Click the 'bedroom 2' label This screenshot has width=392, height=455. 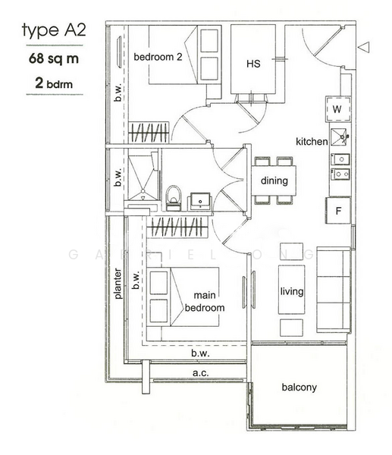point(156,57)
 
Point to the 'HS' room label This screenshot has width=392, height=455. point(253,64)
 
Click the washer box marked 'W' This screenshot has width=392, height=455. point(338,109)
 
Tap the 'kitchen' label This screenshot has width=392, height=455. point(311,142)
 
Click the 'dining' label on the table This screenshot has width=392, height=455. point(273,181)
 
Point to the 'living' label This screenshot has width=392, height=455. point(292,291)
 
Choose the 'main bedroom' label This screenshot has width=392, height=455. point(209,302)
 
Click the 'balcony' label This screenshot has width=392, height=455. point(299,388)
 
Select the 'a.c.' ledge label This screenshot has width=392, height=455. point(200,373)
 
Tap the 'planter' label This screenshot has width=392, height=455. point(118,284)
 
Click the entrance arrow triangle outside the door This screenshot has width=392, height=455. point(365,47)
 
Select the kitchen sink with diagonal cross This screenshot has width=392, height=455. point(339,136)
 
